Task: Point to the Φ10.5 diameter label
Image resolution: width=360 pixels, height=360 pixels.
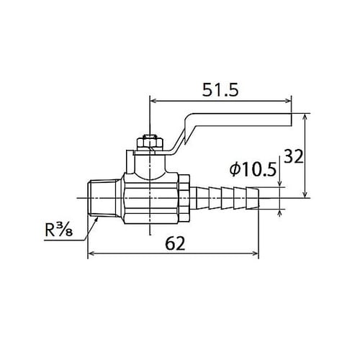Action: (x=253, y=171)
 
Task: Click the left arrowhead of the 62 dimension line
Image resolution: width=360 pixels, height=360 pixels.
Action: (x=91, y=253)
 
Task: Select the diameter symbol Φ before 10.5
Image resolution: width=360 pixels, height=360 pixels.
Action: (x=234, y=171)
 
